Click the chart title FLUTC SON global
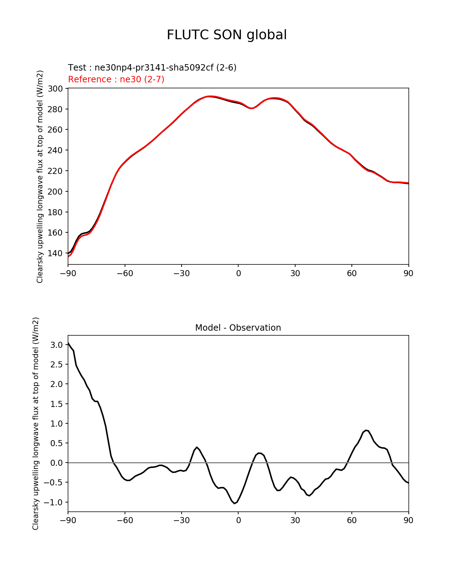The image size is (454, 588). [227, 35]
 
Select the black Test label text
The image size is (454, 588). [152, 67]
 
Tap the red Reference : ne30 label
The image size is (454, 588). [116, 79]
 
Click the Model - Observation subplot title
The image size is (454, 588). [238, 327]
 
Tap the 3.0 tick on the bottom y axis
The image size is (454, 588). [57, 345]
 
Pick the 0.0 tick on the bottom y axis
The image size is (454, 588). [57, 463]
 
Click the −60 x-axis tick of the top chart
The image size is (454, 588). [125, 273]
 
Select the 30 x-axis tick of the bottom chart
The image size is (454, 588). [295, 520]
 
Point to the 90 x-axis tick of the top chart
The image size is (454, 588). [408, 273]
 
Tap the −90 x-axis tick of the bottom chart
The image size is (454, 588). [68, 520]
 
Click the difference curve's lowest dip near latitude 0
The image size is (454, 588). [234, 503]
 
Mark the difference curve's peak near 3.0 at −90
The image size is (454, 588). [68, 343]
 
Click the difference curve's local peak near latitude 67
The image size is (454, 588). [366, 430]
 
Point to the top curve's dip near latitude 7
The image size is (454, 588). [251, 108]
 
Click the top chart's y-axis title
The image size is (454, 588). [40, 176]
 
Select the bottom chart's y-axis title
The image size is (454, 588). [36, 423]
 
